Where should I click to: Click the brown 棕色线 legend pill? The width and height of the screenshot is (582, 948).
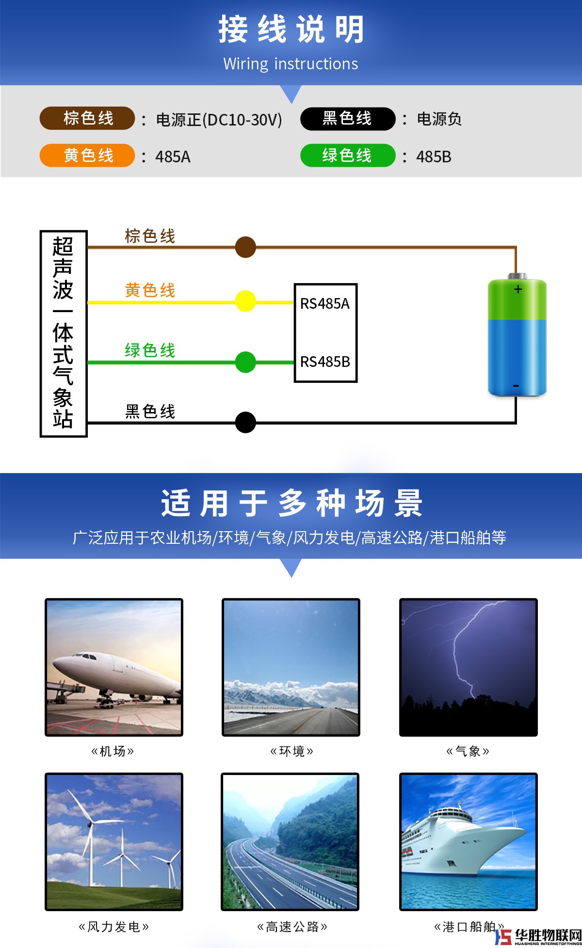87,118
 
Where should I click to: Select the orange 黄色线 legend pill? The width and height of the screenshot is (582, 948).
87,156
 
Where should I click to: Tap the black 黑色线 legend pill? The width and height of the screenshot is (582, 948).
348,119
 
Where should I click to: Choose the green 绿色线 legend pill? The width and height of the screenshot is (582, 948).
348,156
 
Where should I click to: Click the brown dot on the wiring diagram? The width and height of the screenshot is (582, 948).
245,247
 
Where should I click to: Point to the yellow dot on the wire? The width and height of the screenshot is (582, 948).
245,301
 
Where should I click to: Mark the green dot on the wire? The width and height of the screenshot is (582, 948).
245,362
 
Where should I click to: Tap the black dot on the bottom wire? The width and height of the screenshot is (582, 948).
245,422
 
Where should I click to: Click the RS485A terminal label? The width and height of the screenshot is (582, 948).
325,304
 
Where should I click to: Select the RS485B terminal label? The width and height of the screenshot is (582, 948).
325,362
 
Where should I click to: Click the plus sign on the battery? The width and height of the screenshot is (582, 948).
518,289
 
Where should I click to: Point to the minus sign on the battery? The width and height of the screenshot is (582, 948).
516,386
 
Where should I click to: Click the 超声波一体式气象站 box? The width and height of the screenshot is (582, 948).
64,334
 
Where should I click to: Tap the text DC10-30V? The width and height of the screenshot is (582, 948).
242,120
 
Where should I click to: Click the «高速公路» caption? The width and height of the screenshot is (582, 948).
292,927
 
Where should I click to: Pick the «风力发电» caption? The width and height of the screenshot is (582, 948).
113,927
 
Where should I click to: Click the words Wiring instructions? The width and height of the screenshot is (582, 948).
291,64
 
